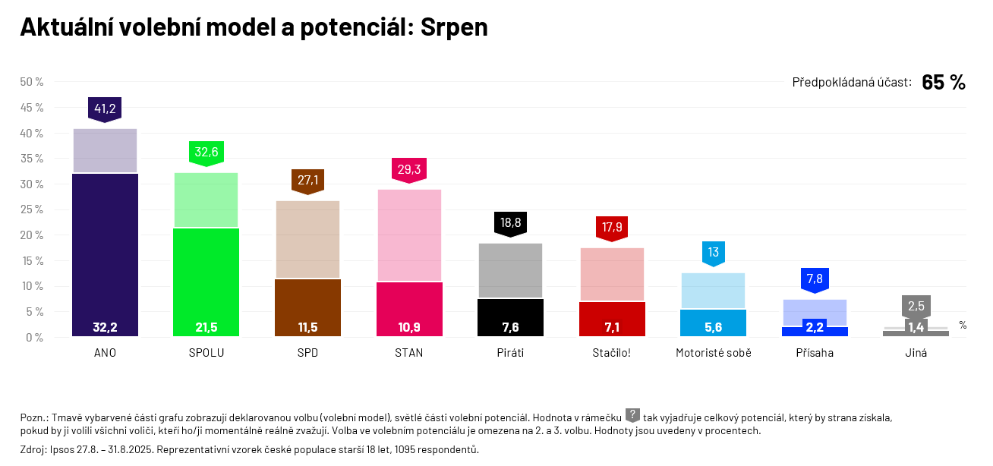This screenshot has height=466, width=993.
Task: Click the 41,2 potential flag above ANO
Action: pos(105,109)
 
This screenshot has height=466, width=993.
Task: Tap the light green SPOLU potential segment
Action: pos(206,200)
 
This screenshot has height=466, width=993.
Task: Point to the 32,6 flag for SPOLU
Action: pos(206,153)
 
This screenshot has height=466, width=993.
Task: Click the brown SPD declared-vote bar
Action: pos(307,307)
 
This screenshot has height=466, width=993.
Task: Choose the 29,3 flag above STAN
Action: pos(409,169)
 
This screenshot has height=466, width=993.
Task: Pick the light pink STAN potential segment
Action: pos(409,235)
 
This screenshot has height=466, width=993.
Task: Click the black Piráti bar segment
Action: pos(510,317)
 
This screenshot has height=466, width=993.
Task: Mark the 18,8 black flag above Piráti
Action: pos(510,223)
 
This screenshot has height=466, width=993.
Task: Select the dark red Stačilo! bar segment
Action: pos(612,319)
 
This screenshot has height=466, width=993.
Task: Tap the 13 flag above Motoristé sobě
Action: pos(714,253)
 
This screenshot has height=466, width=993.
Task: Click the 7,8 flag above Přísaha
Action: pos(815,279)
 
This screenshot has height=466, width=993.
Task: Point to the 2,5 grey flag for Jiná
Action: pos(916,306)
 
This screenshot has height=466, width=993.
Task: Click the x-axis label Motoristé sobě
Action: pos(714,353)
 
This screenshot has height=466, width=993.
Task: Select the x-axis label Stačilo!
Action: pos(612,353)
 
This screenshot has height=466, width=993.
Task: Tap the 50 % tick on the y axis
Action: pos(31,82)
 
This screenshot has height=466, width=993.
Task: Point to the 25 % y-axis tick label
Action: pos(31,209)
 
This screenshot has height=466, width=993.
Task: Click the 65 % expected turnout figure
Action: pos(943,83)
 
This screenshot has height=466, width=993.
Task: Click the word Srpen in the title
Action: pos(454,27)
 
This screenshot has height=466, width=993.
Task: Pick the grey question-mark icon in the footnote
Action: pos(632,415)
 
